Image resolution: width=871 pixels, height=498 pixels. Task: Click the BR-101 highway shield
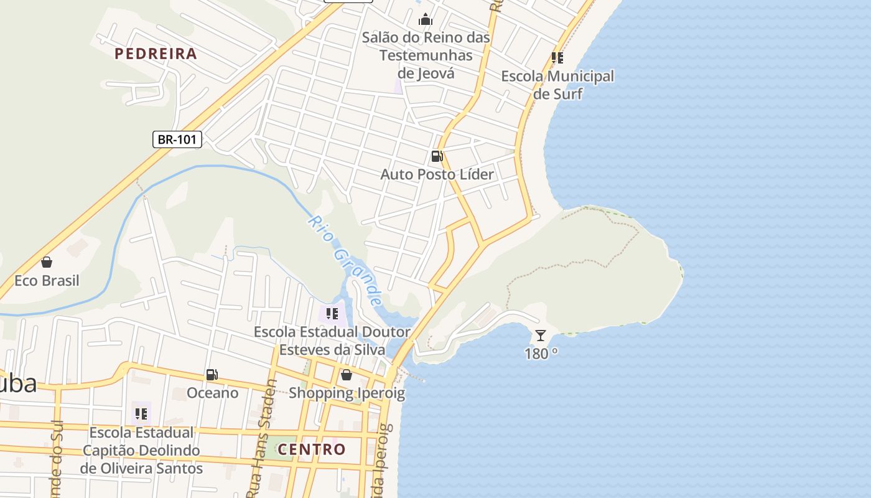click(x=177, y=139)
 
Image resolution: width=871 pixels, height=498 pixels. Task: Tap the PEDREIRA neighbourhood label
click(x=156, y=54)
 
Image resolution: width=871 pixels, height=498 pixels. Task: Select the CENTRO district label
click(x=311, y=449)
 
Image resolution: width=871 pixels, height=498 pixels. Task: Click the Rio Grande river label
click(x=345, y=261)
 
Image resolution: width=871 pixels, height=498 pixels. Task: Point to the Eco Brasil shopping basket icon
click(x=47, y=262)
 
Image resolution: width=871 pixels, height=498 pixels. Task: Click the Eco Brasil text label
click(x=47, y=281)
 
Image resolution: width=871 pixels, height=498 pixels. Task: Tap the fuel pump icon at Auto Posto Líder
click(x=437, y=156)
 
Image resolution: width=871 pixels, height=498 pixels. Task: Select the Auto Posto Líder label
click(x=437, y=174)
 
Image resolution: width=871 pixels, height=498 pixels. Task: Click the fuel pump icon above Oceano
click(x=212, y=375)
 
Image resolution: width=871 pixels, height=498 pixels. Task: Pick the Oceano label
click(x=212, y=393)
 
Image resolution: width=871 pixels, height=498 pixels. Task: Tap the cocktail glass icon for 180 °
click(x=541, y=336)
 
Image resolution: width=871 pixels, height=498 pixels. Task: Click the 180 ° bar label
click(x=541, y=354)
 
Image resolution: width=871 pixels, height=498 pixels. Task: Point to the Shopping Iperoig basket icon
click(x=347, y=375)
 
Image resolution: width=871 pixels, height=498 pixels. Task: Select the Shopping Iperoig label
click(x=347, y=393)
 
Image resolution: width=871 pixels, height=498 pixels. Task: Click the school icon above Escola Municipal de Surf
click(x=557, y=58)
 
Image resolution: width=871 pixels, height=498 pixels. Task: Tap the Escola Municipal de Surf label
click(x=557, y=85)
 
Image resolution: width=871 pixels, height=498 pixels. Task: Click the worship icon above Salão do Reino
click(x=426, y=19)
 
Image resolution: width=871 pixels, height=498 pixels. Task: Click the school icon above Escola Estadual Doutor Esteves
click(x=332, y=314)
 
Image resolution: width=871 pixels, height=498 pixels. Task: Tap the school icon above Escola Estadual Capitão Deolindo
click(x=141, y=413)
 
